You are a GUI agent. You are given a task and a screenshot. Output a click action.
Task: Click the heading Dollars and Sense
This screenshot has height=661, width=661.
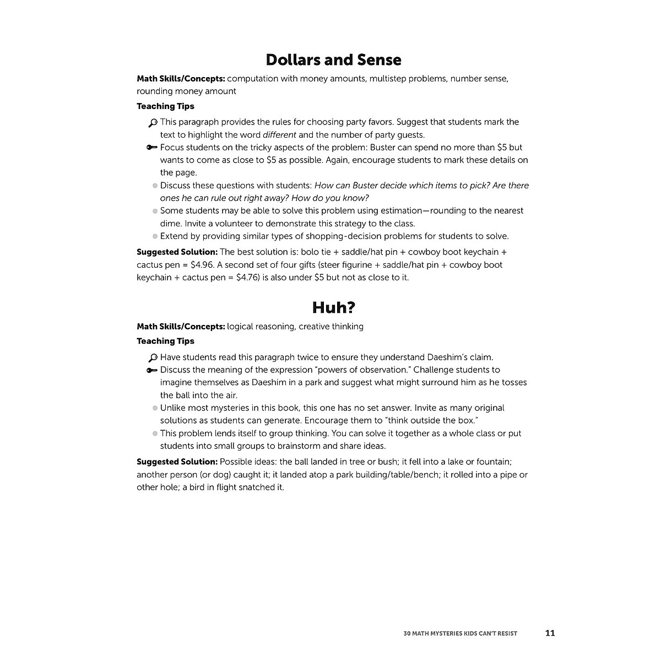point(333,59)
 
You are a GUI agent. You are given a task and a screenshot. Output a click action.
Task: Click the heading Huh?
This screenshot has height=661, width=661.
point(333,307)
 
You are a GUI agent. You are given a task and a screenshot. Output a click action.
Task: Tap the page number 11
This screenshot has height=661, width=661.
point(550,633)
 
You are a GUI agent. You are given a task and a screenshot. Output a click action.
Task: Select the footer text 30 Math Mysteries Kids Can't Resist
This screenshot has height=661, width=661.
point(460,633)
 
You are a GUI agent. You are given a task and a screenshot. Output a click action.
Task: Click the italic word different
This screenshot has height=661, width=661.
point(279,135)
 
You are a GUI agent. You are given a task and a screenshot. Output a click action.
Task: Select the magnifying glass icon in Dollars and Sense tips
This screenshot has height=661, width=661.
point(153,123)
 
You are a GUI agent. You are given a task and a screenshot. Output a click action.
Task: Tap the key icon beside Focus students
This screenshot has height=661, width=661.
point(153,148)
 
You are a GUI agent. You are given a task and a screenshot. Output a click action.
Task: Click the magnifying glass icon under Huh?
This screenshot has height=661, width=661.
point(153,357)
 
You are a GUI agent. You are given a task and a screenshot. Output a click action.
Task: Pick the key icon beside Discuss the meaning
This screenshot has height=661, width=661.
point(153,370)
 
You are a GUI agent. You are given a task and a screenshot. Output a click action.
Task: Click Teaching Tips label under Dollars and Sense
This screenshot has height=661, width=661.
point(165,106)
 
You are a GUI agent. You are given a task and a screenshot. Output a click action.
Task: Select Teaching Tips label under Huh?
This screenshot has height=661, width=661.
point(165,341)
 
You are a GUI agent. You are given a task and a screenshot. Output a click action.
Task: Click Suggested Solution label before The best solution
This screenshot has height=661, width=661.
point(177,252)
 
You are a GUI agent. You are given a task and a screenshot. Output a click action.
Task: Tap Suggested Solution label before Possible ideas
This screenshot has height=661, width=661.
point(177,462)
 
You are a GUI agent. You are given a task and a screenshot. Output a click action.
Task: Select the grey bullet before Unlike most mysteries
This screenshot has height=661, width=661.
point(155,408)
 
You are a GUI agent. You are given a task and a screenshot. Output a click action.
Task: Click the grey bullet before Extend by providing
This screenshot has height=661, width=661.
point(155,236)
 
